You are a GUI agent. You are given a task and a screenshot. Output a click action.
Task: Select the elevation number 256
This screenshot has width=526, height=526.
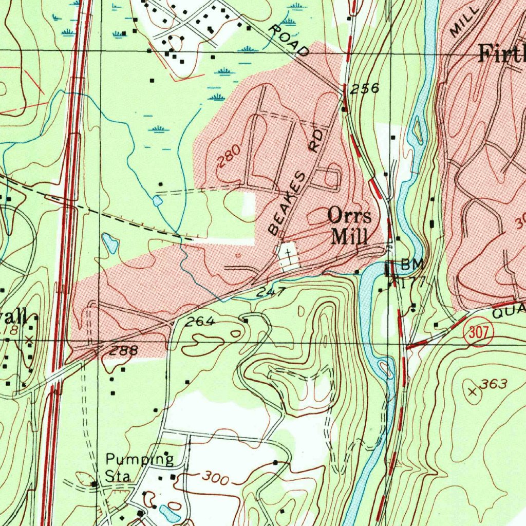coord(364,89)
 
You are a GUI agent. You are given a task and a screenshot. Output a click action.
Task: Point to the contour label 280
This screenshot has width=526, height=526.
coord(228,156)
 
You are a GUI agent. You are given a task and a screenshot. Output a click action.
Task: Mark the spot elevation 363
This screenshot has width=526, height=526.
coord(494,384)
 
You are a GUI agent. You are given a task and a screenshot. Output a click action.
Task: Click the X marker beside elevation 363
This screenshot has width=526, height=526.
coord(473,392)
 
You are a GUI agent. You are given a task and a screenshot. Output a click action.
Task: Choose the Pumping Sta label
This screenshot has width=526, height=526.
coord(139,466)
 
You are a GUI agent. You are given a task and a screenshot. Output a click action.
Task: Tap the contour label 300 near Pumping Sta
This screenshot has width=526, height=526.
coord(214,477)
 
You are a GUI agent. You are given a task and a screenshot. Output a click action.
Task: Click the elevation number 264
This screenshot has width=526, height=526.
coord(200,322)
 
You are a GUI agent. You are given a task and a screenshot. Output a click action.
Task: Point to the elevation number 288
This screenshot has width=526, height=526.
coord(124,350)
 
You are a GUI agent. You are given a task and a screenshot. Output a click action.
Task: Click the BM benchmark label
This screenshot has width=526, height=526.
coord(412,265)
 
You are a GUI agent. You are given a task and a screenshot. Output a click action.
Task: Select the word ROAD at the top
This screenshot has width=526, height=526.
coord(289,40)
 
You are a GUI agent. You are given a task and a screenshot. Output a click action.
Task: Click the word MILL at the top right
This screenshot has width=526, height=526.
coord(464,21)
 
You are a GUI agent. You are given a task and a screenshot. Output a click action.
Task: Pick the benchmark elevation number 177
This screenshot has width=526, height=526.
coord(410,282)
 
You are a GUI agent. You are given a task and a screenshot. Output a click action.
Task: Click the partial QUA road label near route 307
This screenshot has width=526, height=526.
coord(509,309)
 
